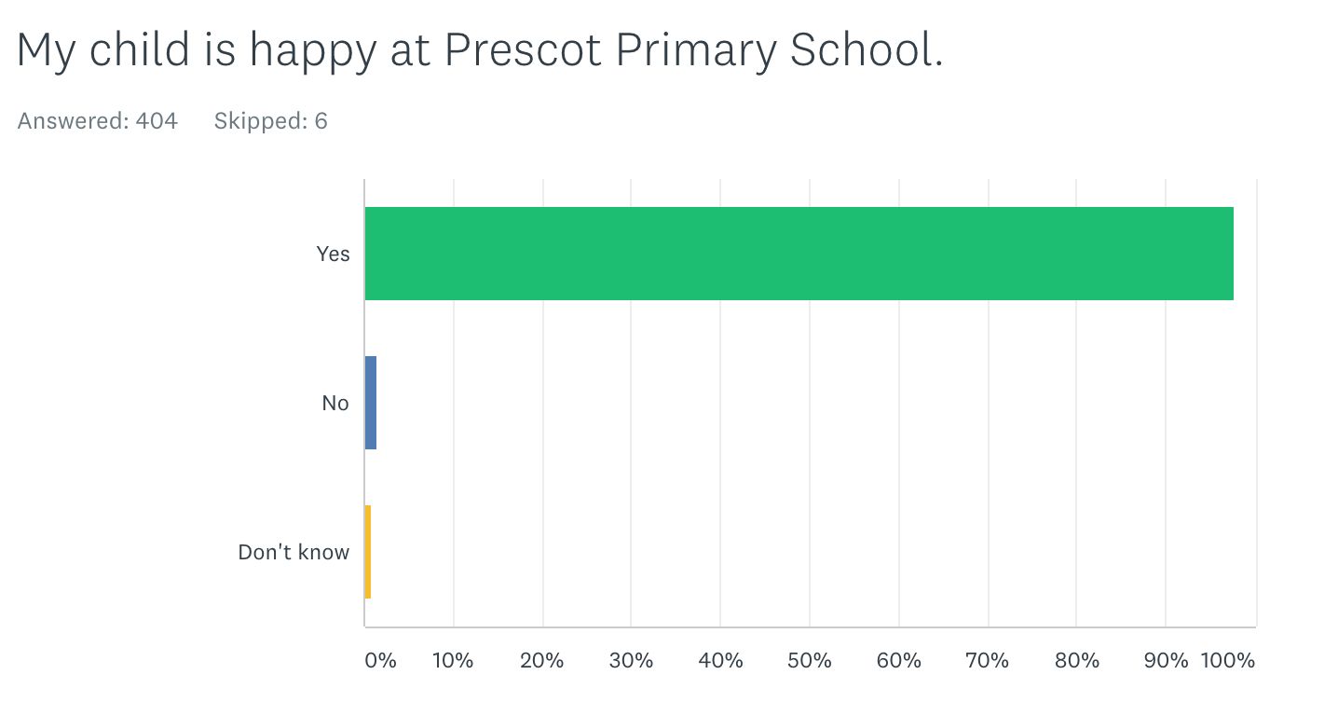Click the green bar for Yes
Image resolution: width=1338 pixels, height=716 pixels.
pyautogui.click(x=799, y=254)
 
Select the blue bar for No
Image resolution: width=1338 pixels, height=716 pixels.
pyautogui.click(x=370, y=403)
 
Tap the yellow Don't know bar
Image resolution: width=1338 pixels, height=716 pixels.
pyautogui.click(x=368, y=552)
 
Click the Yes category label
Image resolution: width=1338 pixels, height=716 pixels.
pyautogui.click(x=333, y=254)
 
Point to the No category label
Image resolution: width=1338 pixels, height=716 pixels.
pyautogui.click(x=335, y=404)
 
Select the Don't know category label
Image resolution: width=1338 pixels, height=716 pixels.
pyautogui.click(x=294, y=552)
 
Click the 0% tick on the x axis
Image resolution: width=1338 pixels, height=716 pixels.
pyautogui.click(x=380, y=660)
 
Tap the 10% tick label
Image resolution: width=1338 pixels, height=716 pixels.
pyautogui.click(x=453, y=660)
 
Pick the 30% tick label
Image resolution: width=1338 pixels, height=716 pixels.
pyautogui.click(x=631, y=660)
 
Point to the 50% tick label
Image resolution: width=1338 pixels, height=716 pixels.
pyautogui.click(x=810, y=660)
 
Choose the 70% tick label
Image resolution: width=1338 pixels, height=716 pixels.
pyautogui.click(x=988, y=660)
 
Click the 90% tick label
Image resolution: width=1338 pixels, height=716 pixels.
pyautogui.click(x=1166, y=660)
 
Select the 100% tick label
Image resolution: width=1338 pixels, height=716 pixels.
pyautogui.click(x=1228, y=660)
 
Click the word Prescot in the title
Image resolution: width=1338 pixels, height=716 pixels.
pyautogui.click(x=523, y=49)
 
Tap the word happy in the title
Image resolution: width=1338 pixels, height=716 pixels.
pyautogui.click(x=313, y=52)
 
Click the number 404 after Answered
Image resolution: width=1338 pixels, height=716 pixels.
pyautogui.click(x=157, y=121)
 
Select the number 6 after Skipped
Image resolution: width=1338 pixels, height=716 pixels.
pyautogui.click(x=321, y=121)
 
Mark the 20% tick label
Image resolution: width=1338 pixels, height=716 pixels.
pyautogui.click(x=541, y=660)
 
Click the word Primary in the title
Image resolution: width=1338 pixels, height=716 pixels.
pyautogui.click(x=696, y=52)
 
